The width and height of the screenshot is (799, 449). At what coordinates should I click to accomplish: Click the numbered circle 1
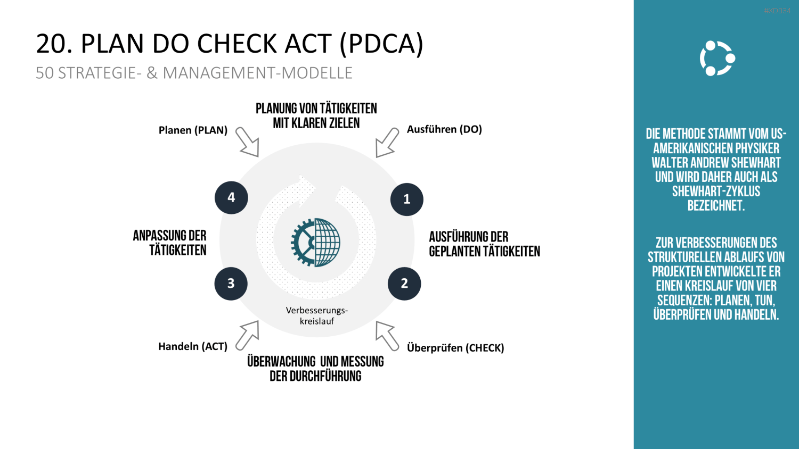406,199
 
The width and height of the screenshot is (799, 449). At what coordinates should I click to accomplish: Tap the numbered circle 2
404,284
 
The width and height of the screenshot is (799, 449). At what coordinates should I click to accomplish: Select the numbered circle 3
231,284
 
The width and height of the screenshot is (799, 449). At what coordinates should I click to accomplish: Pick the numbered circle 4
231,197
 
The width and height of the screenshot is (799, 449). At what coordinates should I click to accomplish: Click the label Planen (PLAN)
193,130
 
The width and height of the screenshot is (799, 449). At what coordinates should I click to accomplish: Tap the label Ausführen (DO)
444,129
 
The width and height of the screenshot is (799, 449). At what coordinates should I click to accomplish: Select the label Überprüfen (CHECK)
455,348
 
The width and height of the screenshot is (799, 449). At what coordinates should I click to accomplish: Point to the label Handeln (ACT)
193,346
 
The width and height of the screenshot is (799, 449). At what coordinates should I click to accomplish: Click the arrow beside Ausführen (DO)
387,143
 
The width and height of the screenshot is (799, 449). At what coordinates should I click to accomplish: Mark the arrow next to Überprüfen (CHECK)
387,336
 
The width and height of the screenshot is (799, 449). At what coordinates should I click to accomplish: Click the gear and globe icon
315,242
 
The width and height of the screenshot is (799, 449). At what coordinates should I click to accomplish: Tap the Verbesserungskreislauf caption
317,315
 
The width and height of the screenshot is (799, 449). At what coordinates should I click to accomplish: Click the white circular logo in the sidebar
718,59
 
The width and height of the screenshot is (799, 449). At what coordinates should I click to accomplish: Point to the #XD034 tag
777,11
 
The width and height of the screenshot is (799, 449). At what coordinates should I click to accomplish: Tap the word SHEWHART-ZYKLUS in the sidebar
716,192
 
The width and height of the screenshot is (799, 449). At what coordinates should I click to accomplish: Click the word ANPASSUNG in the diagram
160,236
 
